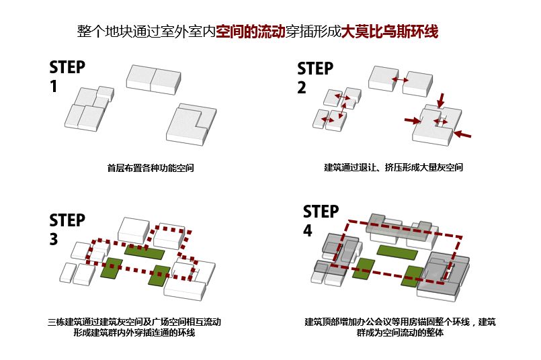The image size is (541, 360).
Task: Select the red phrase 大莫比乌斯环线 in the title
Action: coord(390,32)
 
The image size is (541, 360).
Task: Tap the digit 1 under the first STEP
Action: coord(53,87)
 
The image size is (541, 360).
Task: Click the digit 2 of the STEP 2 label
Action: coord(302,87)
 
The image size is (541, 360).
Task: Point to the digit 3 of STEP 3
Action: coord(54,239)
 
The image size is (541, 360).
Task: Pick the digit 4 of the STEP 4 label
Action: coord(308,230)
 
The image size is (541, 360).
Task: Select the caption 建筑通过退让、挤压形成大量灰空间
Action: coord(393,167)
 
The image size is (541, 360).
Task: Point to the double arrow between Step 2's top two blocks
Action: coord(401,80)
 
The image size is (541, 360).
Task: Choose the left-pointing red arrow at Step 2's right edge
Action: coord(462,135)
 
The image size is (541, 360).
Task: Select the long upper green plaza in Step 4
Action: coord(395,251)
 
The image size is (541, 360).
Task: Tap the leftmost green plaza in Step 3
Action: coord(112,267)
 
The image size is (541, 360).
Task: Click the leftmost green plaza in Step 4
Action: coord(364,267)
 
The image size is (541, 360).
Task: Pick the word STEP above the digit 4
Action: coord(321,212)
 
